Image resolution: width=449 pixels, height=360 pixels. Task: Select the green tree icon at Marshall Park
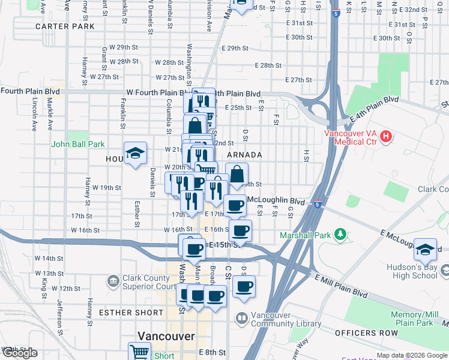(340, 233)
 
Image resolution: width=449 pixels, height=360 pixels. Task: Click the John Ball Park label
(78, 144)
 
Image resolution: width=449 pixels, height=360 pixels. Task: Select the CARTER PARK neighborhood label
(65, 27)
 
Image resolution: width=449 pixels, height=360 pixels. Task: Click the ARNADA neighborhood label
(245, 155)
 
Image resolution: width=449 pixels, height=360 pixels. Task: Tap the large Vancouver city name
(166, 336)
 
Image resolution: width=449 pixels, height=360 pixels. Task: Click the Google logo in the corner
(20, 353)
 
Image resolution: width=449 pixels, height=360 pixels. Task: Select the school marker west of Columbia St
(135, 154)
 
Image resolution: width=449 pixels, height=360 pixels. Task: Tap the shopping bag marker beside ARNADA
(237, 175)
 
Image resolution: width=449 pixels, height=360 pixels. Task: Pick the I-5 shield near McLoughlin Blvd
(318, 204)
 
